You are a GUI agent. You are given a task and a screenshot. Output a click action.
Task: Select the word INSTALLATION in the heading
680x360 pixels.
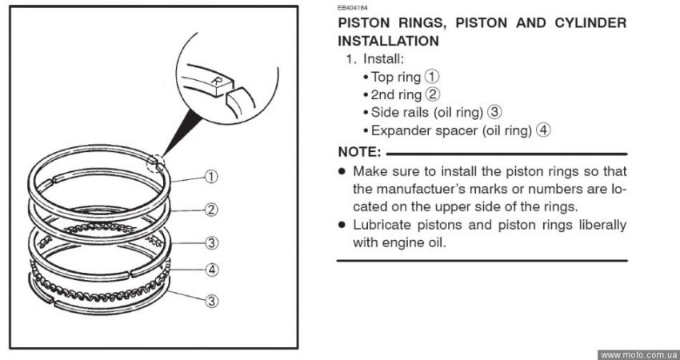click(x=388, y=41)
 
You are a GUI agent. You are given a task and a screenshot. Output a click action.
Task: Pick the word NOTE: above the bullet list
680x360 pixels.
click(x=359, y=151)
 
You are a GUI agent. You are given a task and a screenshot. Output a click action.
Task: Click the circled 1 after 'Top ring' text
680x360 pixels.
click(x=432, y=77)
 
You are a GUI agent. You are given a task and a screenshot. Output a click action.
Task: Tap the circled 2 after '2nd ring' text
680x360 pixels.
click(x=432, y=94)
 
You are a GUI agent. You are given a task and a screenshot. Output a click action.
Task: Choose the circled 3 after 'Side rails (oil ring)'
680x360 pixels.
click(x=495, y=112)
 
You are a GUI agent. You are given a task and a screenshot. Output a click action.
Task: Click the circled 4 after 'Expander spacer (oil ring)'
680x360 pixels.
click(x=544, y=130)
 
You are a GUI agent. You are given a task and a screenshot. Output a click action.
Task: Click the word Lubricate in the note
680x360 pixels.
click(x=383, y=225)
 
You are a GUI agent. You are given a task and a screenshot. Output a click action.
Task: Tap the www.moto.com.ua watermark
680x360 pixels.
click(x=638, y=354)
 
